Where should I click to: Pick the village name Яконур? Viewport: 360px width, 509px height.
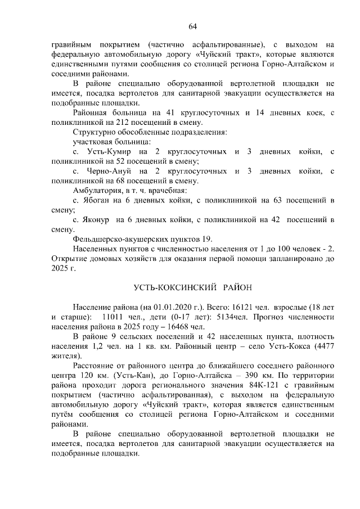98,220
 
